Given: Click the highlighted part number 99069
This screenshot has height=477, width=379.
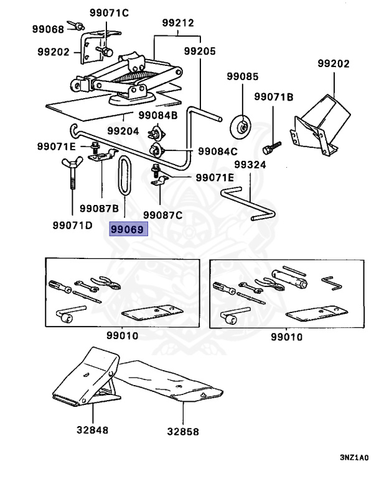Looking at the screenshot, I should tap(128, 230).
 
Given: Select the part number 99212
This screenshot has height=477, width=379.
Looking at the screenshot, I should tap(177, 23).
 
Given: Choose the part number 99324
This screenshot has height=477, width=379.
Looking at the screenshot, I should tap(250, 165).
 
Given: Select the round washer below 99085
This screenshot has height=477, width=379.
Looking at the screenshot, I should tap(241, 124).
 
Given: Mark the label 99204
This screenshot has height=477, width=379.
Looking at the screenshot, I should tap(122, 131).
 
